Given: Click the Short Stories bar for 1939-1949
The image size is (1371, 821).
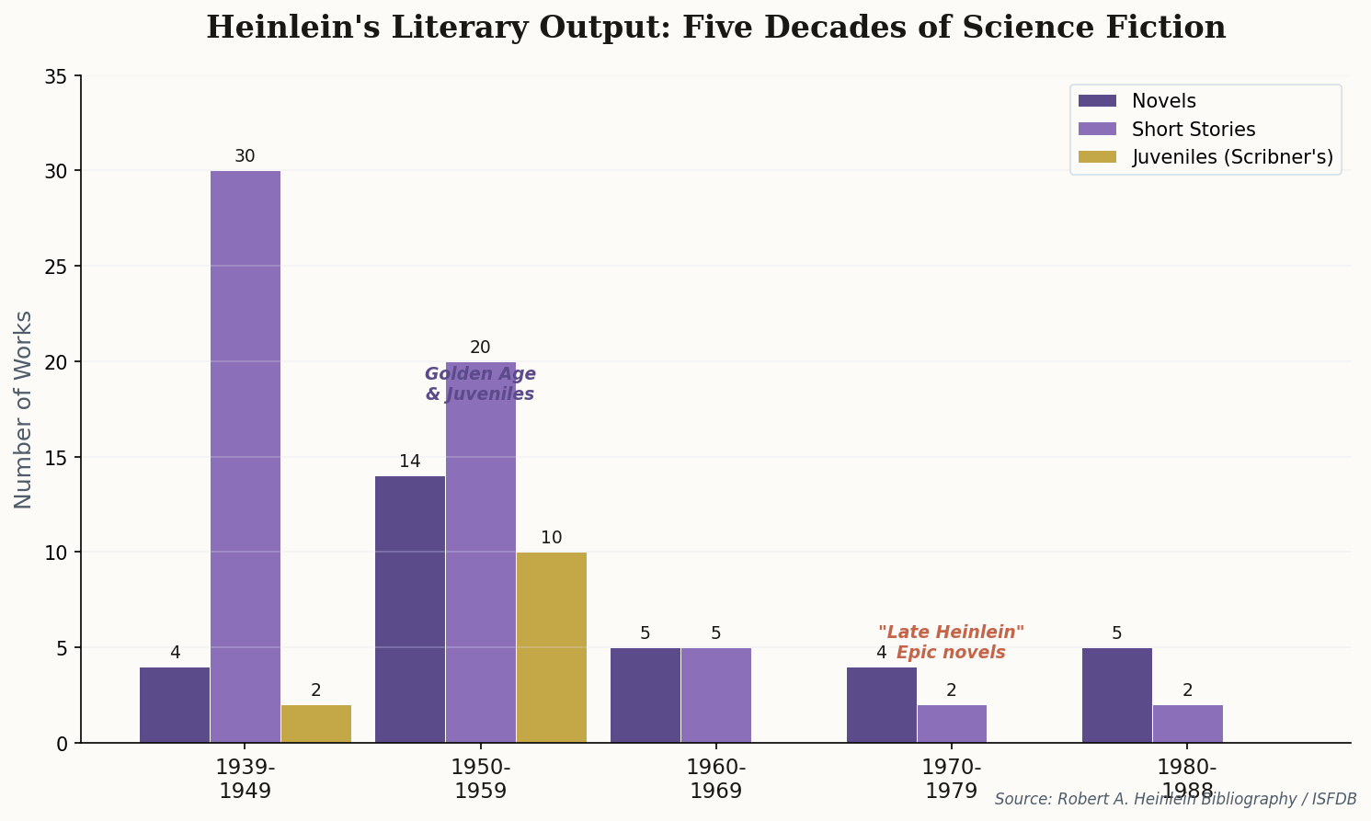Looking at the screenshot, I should (x=246, y=456).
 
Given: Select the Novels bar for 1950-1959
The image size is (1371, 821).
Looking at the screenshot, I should (x=410, y=609).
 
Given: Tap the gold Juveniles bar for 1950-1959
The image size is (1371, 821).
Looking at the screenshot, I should (x=552, y=647).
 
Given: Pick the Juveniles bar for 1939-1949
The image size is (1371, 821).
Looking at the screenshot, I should (x=316, y=724).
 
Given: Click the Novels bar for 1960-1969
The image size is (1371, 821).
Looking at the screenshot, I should (x=646, y=695).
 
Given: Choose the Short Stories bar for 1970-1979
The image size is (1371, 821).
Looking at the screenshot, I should (x=952, y=724).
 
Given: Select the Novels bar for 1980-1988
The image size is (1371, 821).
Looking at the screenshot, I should (x=1117, y=695).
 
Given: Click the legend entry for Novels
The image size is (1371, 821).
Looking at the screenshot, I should (x=1162, y=101).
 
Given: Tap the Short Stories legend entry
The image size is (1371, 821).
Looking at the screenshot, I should (x=1193, y=130).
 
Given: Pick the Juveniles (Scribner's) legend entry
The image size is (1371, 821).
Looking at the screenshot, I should (x=1231, y=157).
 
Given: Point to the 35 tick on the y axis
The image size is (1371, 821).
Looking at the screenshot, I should (x=56, y=76).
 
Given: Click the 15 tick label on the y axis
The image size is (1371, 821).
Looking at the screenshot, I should (x=56, y=458).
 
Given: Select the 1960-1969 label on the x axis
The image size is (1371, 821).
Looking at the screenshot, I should (x=716, y=779).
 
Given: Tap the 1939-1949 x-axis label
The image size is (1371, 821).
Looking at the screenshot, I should (x=246, y=779).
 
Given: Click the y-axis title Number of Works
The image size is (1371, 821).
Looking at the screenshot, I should (x=24, y=409).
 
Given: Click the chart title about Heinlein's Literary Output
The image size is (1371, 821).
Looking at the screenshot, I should (x=715, y=28).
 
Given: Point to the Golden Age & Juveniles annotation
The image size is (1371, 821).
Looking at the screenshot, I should (x=480, y=384).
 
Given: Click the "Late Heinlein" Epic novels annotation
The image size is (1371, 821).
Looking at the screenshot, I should (x=951, y=643).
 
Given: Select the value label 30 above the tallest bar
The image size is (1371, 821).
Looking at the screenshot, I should (x=245, y=156).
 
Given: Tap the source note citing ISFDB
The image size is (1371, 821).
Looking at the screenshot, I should (x=1175, y=800).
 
